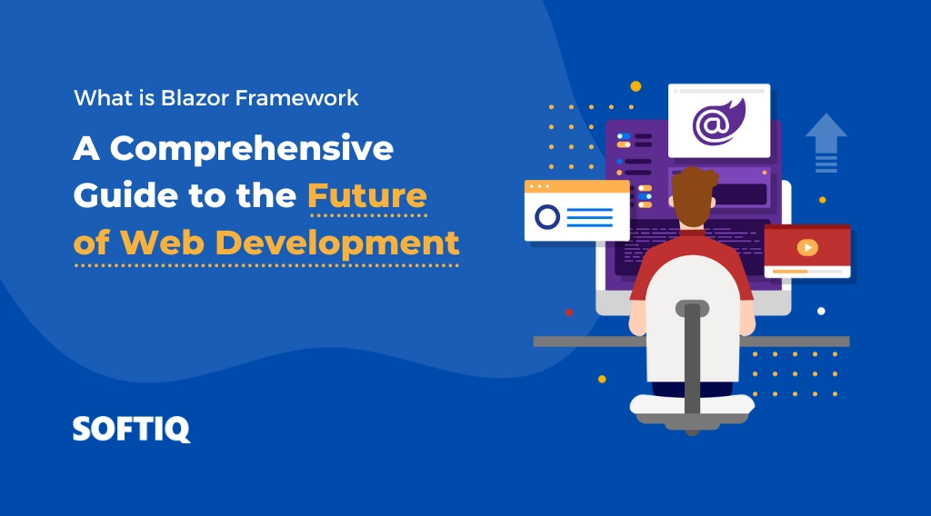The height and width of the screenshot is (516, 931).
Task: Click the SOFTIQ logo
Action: pos(131,429)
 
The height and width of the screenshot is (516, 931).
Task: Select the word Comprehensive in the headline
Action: pos(252,148)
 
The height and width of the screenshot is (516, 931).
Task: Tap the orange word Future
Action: pos(367,195)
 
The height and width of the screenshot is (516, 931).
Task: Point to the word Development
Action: pos(337,243)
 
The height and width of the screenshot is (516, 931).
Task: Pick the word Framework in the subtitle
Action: pos(297,98)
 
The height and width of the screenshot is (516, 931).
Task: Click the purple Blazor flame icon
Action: pos(718,122)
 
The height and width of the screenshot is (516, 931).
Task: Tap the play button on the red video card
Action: pos(807,247)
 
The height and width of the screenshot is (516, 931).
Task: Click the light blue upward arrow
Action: pos(826,143)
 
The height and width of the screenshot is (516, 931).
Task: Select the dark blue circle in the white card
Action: pos(547,217)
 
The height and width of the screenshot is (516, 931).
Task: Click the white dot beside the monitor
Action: pos(821,311)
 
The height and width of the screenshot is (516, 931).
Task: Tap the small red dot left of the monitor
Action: pos(569,312)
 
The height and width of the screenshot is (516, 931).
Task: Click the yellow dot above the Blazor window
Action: pos(636,86)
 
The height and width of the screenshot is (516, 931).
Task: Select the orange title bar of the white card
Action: pos(576,186)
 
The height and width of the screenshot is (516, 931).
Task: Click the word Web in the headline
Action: pos(162,243)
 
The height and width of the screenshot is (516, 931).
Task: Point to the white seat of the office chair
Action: pos(692,404)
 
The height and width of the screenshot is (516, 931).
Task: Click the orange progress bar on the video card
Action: pos(790,272)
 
